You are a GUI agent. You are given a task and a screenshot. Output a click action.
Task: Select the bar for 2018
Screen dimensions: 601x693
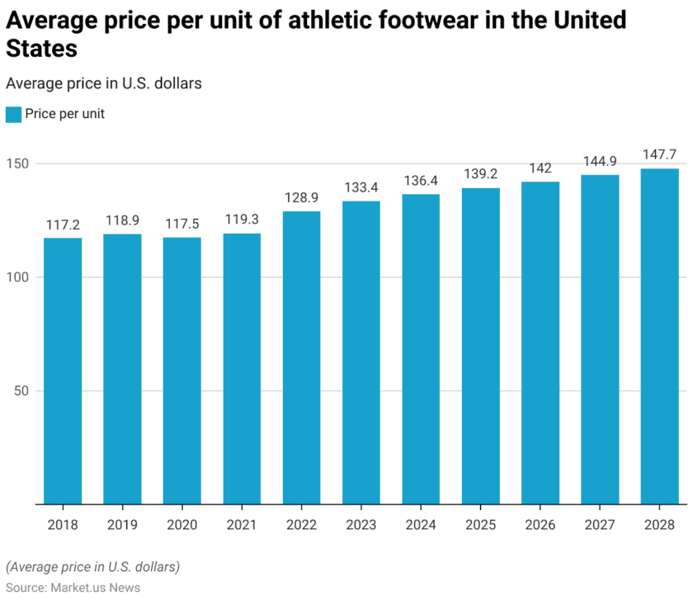(x=63, y=371)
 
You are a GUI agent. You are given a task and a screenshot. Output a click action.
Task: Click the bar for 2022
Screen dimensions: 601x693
(x=301, y=357)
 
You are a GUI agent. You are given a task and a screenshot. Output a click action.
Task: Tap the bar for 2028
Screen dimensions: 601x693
(x=660, y=336)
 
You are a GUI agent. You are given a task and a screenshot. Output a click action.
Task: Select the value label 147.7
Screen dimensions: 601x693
(x=660, y=154)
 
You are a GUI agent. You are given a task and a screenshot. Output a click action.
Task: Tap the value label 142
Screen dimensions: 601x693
(x=540, y=168)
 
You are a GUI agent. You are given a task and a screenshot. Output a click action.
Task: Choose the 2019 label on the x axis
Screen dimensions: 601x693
(x=122, y=524)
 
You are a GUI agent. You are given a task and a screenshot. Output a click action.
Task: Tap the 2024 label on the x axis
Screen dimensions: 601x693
(x=421, y=524)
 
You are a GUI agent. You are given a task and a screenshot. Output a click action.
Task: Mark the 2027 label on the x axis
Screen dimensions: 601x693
(x=600, y=524)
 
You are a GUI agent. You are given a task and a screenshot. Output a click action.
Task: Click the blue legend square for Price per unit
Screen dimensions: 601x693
(x=13, y=115)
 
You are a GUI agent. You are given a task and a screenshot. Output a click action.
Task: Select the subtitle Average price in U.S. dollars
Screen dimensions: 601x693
(x=104, y=83)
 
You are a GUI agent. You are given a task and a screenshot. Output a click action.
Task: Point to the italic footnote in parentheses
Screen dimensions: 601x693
(x=92, y=567)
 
